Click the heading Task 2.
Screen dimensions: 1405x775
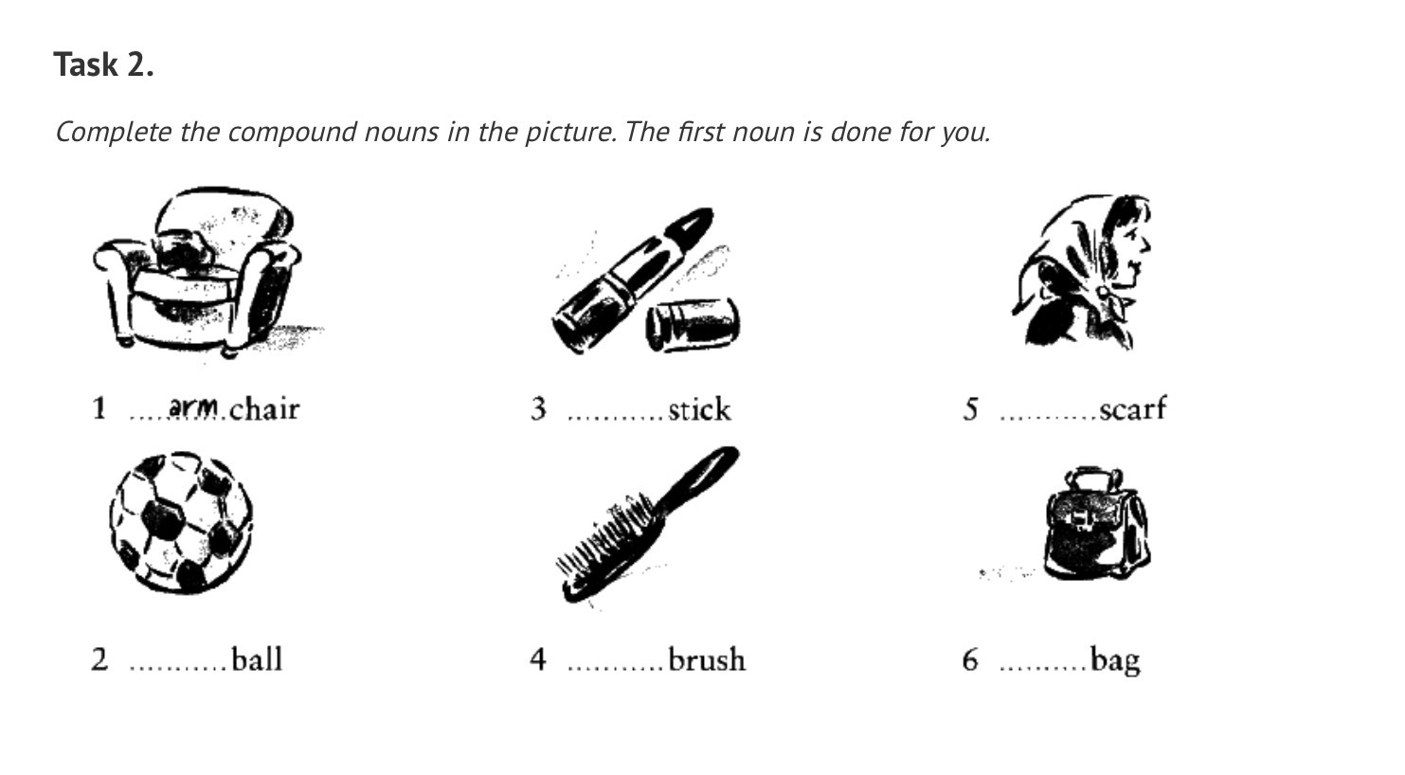(x=103, y=64)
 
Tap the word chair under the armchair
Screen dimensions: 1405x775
(x=264, y=409)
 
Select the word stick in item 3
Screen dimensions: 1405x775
(x=699, y=409)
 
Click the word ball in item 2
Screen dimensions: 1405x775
(x=257, y=659)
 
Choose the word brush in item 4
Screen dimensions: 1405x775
(x=707, y=659)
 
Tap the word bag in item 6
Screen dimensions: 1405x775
(x=1115, y=661)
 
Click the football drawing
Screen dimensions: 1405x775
(x=181, y=522)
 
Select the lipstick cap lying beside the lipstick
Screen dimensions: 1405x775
(x=693, y=324)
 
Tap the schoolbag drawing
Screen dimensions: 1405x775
(x=1096, y=524)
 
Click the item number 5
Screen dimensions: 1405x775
(x=970, y=409)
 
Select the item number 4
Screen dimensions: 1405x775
(x=537, y=659)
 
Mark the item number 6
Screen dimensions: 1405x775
(x=970, y=659)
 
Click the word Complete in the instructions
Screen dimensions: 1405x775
(x=114, y=133)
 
